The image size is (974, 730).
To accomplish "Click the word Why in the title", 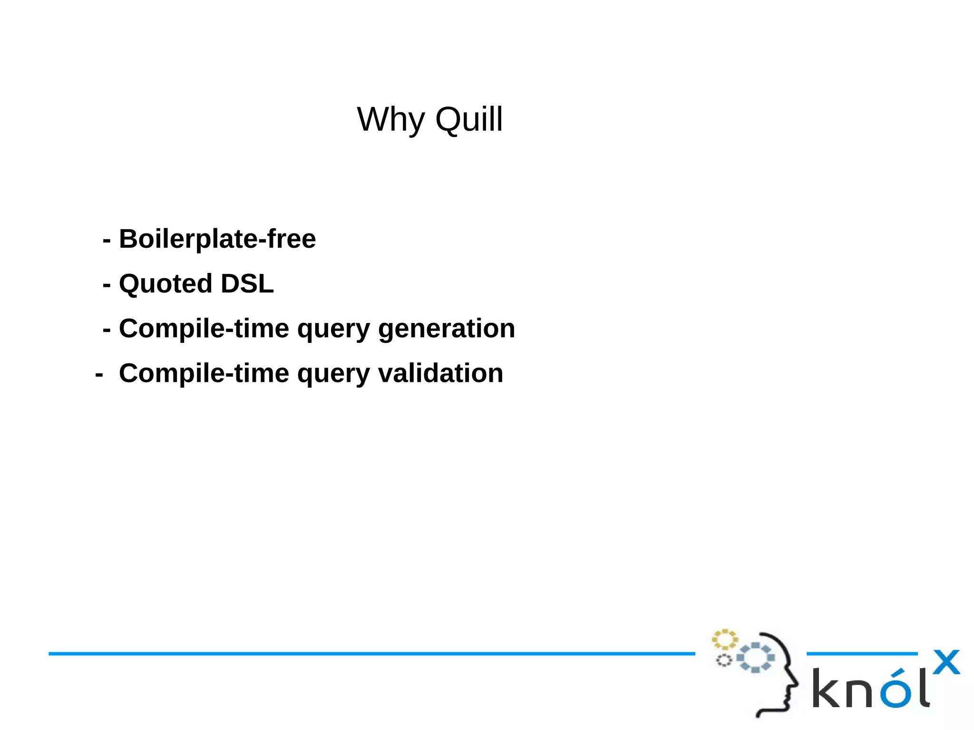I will (x=390, y=119).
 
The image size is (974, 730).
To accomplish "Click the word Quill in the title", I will (x=469, y=119).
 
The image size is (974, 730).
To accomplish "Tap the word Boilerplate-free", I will (x=217, y=239).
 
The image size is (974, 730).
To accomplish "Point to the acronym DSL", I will (x=247, y=284).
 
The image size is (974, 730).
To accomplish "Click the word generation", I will (x=446, y=329).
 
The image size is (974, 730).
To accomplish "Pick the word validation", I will (x=440, y=373).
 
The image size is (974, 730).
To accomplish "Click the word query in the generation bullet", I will (x=333, y=330).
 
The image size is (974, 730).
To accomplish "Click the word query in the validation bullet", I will (x=333, y=374).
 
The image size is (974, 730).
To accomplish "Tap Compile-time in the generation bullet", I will (x=204, y=329).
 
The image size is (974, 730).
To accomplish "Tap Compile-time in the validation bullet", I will (x=204, y=373).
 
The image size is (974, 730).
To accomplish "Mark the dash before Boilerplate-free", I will (x=107, y=241).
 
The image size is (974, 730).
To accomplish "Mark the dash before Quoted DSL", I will (x=107, y=285).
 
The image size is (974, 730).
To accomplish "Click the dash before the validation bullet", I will (x=99, y=375).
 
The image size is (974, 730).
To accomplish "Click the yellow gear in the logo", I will (x=724, y=640).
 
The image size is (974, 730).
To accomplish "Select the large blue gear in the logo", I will (x=755, y=658).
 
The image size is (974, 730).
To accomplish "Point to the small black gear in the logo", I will (x=724, y=660).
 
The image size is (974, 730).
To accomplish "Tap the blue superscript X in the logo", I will (x=946, y=662).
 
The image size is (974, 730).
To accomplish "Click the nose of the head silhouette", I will (x=795, y=684).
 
